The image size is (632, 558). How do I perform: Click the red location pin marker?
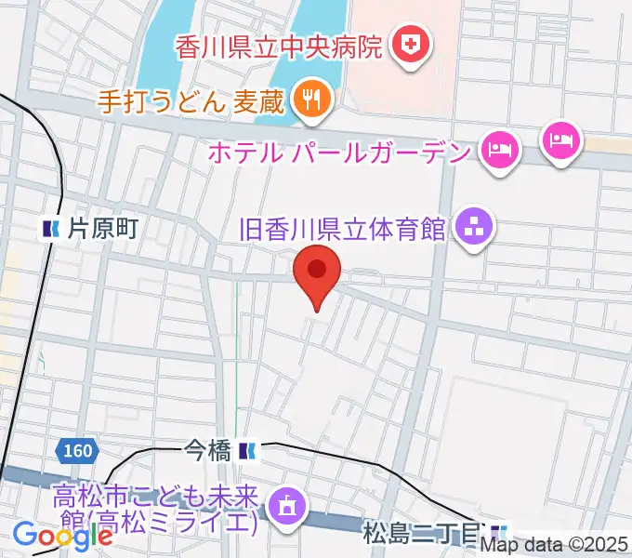click(x=317, y=273)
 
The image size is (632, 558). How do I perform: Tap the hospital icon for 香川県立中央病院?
click(x=407, y=45)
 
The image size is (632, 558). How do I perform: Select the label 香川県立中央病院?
click(x=278, y=46)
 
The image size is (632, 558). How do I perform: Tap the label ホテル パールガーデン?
click(x=340, y=149)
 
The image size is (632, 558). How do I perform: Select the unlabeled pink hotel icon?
click(x=561, y=140)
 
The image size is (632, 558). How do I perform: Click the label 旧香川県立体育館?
click(x=342, y=227)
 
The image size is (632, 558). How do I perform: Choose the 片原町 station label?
click(x=102, y=228)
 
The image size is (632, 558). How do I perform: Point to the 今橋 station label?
click(x=207, y=451)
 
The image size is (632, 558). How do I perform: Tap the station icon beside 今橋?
click(x=246, y=451)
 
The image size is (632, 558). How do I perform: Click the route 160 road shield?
click(x=78, y=451)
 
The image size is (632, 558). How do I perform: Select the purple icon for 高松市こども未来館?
click(x=286, y=505)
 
